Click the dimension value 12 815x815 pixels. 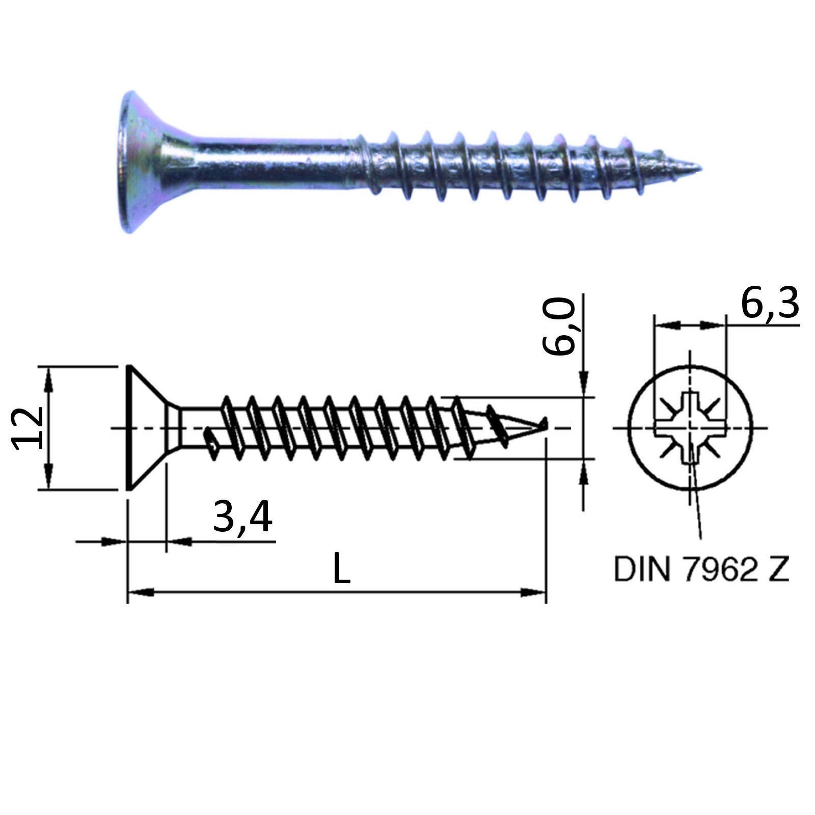click(x=26, y=428)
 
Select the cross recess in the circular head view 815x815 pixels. click(x=690, y=427)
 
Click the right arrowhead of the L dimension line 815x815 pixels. click(x=533, y=592)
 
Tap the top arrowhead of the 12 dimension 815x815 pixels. click(x=48, y=379)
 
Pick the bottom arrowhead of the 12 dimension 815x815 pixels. click(x=48, y=476)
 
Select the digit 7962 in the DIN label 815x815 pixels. click(x=717, y=569)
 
